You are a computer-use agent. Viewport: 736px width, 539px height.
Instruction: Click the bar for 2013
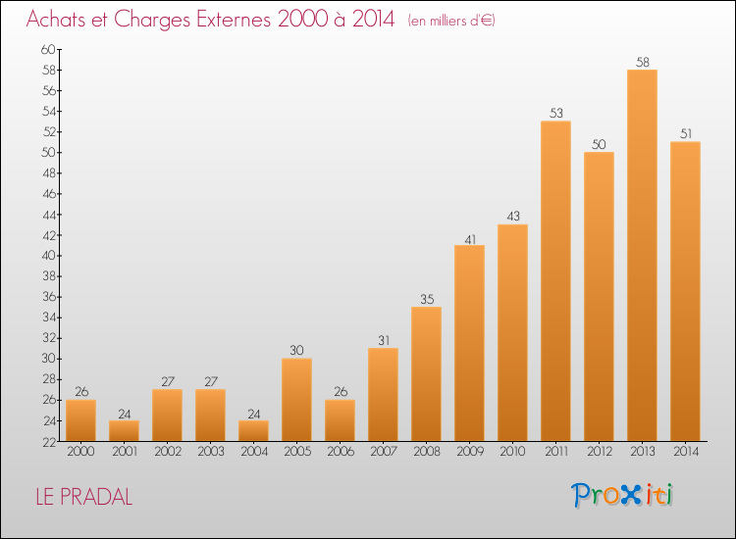[642, 256]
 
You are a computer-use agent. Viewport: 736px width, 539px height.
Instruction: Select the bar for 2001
[124, 431]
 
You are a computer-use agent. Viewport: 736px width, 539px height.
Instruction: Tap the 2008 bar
[426, 374]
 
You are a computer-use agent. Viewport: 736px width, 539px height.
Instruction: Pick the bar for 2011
[555, 281]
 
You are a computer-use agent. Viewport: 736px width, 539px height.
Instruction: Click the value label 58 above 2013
[643, 62]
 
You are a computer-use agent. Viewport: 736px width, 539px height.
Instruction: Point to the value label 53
[556, 113]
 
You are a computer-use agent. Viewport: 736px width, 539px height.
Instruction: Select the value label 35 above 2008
[427, 299]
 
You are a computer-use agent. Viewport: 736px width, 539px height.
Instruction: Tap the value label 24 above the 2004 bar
[254, 414]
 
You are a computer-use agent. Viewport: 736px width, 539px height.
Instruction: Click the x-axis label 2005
[297, 452]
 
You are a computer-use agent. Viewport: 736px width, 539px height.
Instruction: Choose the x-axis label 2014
[686, 452]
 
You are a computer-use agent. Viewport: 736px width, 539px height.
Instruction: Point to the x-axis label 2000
[80, 452]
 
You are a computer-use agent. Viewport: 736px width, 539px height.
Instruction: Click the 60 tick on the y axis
[48, 49]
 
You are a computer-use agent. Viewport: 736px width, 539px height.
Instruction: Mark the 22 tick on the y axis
[49, 442]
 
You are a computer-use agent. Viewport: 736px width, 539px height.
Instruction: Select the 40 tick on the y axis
[48, 256]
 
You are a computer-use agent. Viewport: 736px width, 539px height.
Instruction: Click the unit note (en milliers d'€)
[451, 21]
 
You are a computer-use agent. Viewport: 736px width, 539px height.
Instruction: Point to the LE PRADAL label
[84, 497]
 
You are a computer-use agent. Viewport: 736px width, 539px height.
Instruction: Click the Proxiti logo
[622, 495]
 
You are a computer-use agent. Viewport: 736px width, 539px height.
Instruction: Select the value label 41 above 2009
[470, 239]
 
